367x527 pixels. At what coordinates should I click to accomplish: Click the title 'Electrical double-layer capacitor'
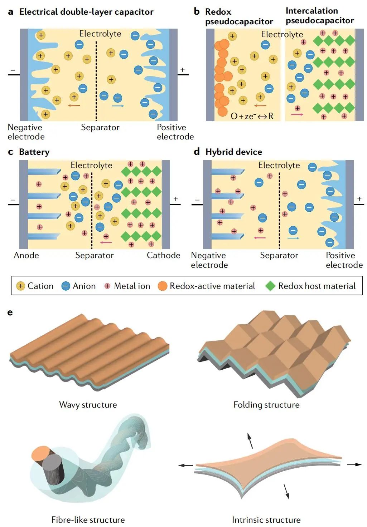click(x=86, y=12)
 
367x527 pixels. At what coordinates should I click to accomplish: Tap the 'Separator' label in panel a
click(x=100, y=127)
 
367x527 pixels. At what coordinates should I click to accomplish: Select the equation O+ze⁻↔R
click(x=252, y=116)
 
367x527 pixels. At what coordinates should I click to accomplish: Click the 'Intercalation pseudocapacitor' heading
click(x=320, y=16)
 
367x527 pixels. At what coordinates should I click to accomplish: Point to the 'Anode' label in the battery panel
click(x=26, y=255)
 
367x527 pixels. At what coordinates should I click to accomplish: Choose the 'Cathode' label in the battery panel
click(x=164, y=255)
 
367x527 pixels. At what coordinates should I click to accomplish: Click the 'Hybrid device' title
click(x=233, y=152)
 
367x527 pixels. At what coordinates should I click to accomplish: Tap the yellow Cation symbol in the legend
click(x=21, y=286)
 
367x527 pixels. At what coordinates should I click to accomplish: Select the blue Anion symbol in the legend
click(x=66, y=286)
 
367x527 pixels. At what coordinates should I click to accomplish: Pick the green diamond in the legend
click(x=270, y=286)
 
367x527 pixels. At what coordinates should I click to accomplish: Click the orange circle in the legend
click(x=163, y=286)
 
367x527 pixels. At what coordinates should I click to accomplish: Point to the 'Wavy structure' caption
click(x=88, y=405)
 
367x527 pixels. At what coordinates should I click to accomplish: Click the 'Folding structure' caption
click(x=266, y=405)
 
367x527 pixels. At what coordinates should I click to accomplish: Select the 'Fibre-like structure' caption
click(x=88, y=519)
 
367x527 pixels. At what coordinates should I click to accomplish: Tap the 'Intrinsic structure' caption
click(x=266, y=519)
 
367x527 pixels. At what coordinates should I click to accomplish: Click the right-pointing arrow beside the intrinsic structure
click(x=354, y=464)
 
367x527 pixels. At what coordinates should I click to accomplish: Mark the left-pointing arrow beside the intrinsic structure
click(x=186, y=465)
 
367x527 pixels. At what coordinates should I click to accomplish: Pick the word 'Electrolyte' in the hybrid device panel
click(x=279, y=165)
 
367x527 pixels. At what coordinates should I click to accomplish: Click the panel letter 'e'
click(x=10, y=312)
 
